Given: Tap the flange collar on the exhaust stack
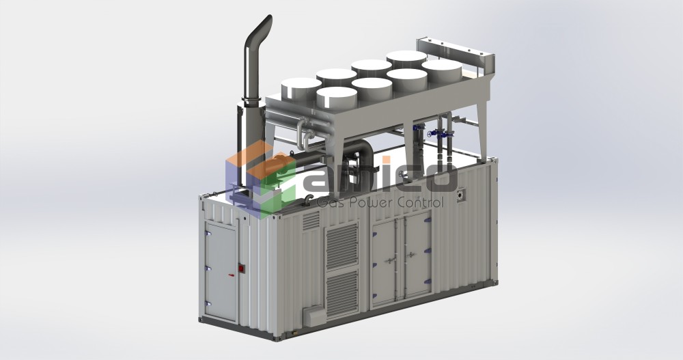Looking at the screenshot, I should click(251, 102).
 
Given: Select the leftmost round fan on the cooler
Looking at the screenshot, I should click(301, 87).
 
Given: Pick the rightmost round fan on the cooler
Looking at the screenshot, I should click(442, 70).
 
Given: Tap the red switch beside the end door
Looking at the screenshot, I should click(240, 269).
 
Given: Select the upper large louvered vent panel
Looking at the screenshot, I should click(341, 247).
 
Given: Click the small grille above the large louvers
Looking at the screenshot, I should click(311, 220).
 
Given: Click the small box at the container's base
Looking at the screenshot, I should click(314, 316).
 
